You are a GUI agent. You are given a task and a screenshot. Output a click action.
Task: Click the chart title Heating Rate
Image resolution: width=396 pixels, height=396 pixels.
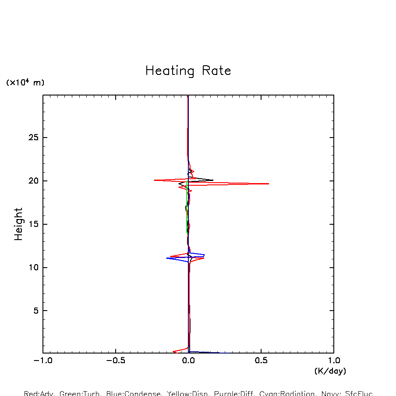tap(188, 71)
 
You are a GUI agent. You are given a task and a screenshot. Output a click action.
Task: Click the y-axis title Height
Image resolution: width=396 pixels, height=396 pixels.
tap(18, 224)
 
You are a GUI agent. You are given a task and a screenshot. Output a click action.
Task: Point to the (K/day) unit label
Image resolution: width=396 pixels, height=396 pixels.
tap(330, 371)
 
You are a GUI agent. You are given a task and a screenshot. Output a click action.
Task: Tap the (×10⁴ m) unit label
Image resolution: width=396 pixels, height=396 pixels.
tap(25, 82)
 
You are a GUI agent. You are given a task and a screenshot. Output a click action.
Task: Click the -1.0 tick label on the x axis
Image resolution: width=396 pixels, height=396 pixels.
tap(43, 361)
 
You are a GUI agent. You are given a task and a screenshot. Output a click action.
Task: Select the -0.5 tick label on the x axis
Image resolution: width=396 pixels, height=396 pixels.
tap(116, 361)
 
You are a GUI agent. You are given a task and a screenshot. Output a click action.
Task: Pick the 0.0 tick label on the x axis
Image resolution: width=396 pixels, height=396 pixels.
tap(188, 361)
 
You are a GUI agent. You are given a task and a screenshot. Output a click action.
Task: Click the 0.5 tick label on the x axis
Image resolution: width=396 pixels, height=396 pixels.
tap(261, 361)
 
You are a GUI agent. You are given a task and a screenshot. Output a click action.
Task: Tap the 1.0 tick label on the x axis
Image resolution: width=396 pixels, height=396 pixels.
tap(334, 361)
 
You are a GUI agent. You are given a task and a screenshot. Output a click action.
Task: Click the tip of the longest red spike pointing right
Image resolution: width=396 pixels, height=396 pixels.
tap(269, 184)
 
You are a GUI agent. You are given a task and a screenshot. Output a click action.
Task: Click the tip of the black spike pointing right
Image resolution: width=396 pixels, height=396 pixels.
tap(213, 180)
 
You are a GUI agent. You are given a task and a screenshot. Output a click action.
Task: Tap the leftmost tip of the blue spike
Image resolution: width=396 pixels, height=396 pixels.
tap(166, 258)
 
